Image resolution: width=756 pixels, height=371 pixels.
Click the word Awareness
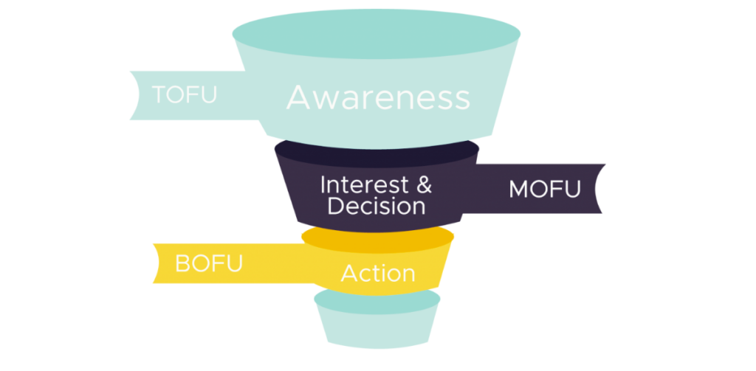point(377,97)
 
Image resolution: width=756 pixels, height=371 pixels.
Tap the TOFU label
point(184,95)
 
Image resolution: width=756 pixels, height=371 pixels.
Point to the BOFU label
point(208,263)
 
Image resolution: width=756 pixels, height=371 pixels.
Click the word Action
point(377,274)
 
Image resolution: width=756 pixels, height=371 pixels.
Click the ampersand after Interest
point(424,184)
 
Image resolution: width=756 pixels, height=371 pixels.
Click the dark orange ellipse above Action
point(377,237)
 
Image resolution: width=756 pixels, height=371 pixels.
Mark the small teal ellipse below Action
point(377,298)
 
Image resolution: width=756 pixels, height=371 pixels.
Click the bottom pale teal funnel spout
point(377,325)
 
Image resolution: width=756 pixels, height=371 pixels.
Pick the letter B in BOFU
point(182,263)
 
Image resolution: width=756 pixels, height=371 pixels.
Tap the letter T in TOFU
point(159,95)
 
